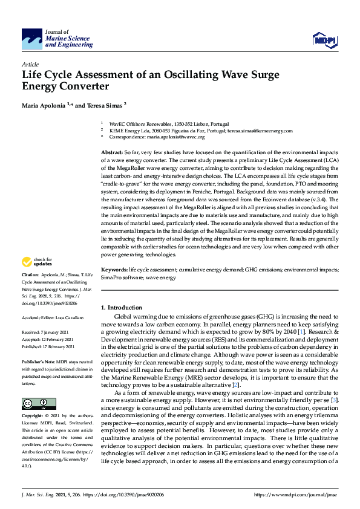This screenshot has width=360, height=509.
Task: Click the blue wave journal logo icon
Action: (32, 38)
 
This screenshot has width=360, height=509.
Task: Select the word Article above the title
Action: (30, 63)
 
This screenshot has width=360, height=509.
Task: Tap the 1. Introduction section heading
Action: (122, 308)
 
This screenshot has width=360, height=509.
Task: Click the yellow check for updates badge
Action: (37, 262)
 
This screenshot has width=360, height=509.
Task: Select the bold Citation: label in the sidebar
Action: (31, 275)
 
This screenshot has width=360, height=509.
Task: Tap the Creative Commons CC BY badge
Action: (39, 387)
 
